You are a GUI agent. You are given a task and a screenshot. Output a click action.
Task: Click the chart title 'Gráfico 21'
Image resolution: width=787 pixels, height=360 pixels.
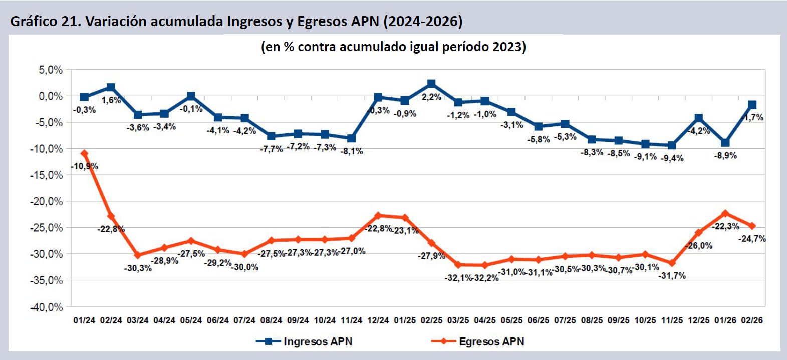tap(236, 21)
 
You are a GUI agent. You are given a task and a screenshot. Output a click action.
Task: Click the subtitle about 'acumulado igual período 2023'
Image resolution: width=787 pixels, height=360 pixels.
tap(393, 47)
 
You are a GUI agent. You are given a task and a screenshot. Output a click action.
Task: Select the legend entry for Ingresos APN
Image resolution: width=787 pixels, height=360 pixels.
tap(304, 341)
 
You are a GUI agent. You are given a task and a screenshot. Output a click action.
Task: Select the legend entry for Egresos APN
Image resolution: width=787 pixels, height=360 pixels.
tap(478, 341)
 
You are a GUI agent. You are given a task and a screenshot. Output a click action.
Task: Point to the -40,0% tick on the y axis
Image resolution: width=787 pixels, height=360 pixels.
tap(47, 307)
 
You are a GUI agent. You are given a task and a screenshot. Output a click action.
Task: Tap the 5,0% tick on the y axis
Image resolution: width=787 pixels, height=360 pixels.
tap(51, 70)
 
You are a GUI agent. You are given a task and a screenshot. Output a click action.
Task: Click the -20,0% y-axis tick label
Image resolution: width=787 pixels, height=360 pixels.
tap(47, 201)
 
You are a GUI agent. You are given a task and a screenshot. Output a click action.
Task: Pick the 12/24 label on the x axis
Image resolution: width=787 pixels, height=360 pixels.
tap(378, 320)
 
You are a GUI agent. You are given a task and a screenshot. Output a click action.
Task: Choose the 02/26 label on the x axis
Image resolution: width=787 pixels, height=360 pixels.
tap(752, 320)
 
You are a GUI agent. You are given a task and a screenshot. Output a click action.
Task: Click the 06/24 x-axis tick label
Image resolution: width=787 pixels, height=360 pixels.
tap(218, 320)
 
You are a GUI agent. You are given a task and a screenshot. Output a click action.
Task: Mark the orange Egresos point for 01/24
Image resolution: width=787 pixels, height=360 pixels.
tap(84, 154)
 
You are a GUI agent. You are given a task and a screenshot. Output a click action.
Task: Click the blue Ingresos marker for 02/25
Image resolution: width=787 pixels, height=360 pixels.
tap(431, 84)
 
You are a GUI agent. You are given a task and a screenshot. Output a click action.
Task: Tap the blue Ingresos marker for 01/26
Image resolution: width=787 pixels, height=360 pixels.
tap(725, 143)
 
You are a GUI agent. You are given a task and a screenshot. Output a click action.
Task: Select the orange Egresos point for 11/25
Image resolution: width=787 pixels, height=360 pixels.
tap(672, 263)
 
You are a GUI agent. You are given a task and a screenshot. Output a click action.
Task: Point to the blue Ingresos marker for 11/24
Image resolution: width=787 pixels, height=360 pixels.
tap(351, 138)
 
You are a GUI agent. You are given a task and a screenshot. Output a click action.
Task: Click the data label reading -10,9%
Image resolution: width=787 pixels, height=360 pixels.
tap(85, 166)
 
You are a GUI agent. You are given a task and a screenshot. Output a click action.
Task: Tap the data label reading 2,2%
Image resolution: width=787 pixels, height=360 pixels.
tap(431, 97)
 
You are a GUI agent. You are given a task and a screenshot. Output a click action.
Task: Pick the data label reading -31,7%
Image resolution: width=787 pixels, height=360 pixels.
tap(672, 276)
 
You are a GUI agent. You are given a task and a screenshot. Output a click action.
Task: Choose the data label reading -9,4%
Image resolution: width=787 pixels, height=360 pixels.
tap(672, 158)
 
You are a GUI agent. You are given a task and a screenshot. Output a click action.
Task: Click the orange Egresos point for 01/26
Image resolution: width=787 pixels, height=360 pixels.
tap(725, 213)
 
